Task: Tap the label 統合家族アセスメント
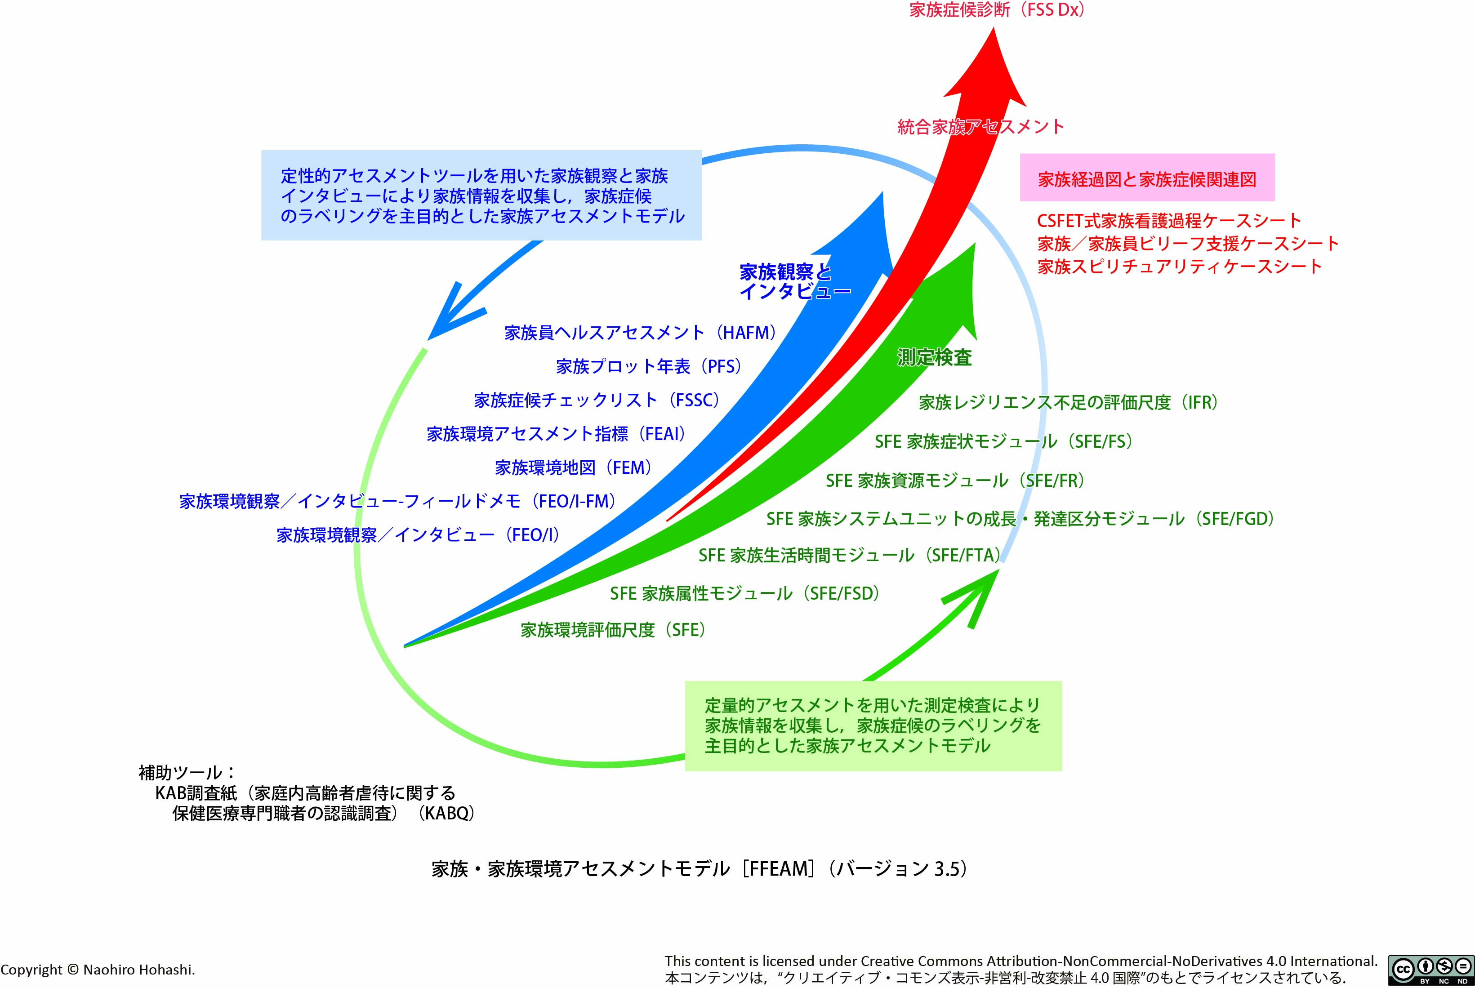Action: click(980, 127)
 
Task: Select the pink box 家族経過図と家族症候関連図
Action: click(1147, 179)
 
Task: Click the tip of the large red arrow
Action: click(994, 30)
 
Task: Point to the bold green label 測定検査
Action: click(934, 358)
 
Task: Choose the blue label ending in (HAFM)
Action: click(640, 332)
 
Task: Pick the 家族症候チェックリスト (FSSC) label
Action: click(597, 400)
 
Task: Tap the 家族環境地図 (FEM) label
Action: click(573, 467)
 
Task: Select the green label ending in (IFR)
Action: click(1068, 403)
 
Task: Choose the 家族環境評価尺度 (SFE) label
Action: click(612, 630)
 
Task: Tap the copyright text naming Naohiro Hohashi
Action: click(98, 970)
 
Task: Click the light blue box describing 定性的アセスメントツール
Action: click(481, 196)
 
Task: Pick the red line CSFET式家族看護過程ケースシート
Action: click(1169, 221)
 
